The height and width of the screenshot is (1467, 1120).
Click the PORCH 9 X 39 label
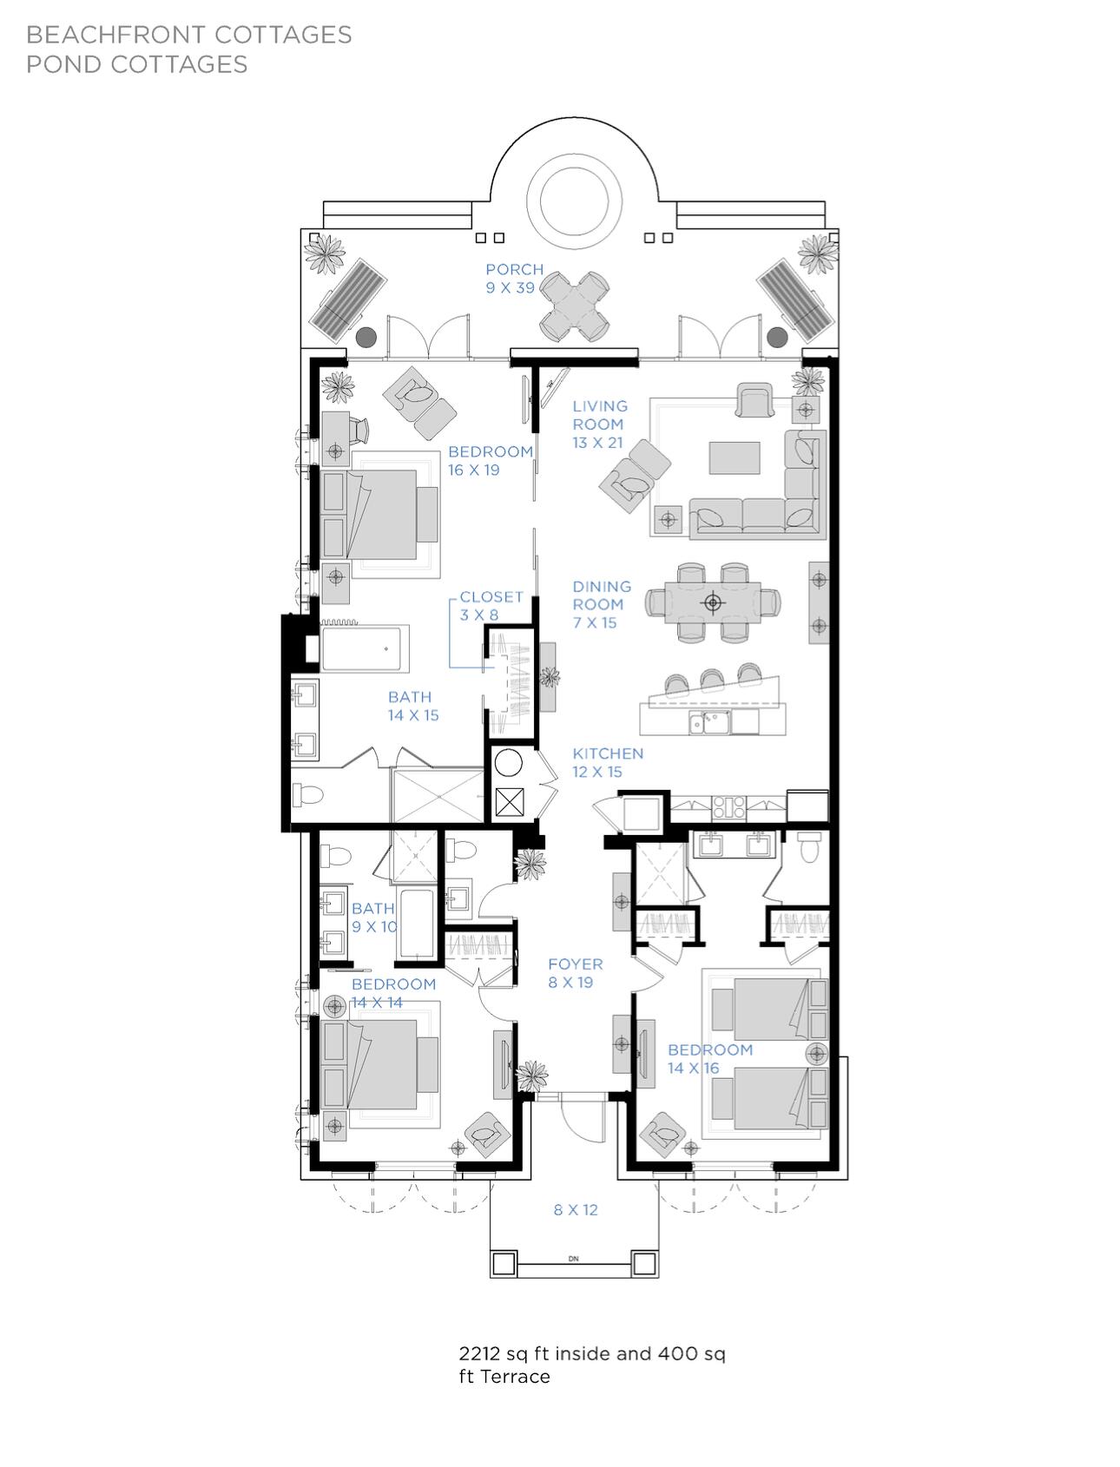pos(515,279)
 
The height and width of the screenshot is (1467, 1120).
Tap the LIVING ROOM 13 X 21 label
pos(600,424)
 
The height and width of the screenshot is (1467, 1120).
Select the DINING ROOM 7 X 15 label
pos(602,605)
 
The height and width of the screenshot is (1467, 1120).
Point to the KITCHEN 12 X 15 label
pos(608,763)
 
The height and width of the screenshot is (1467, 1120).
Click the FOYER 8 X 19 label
pos(576,973)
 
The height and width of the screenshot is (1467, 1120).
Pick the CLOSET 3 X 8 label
pos(491,606)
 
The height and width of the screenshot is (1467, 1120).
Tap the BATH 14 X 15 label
pos(413,707)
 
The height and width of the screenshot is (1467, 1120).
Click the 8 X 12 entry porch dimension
pos(576,1210)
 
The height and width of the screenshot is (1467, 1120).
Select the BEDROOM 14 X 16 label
pos(710,1059)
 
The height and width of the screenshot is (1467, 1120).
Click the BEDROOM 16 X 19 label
pos(491,461)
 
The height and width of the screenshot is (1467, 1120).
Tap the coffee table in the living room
pos(735,458)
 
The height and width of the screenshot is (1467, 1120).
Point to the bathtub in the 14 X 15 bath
pos(366,648)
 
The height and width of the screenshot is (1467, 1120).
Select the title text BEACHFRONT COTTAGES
pos(189,35)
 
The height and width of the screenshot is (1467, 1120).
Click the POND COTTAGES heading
pos(137,64)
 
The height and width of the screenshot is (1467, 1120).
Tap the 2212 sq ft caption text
pos(592,1365)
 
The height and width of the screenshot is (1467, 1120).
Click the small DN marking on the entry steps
pos(573,1259)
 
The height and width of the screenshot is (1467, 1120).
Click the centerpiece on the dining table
pos(713,602)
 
